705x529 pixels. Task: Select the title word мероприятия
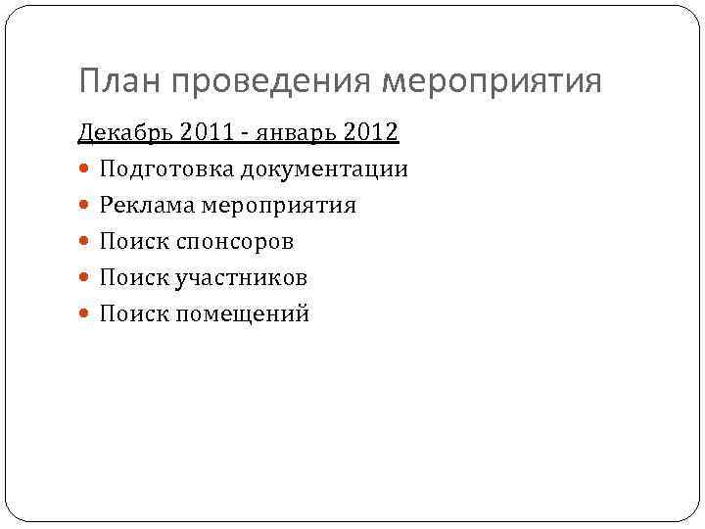[492, 81]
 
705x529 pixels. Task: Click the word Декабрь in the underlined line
[118, 132]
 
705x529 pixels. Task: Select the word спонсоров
[236, 241]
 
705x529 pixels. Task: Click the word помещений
[244, 313]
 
